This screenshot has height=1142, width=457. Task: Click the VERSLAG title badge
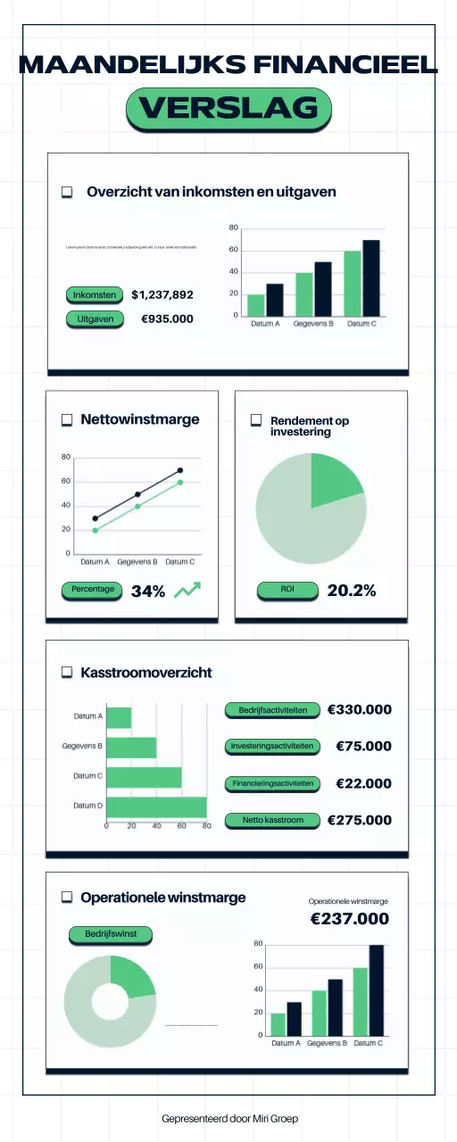click(228, 108)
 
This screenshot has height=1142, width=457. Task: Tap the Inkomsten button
click(94, 294)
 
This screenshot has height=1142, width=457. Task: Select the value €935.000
click(167, 319)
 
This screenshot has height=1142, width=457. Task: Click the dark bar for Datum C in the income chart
click(371, 277)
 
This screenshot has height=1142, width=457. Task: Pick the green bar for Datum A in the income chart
click(256, 304)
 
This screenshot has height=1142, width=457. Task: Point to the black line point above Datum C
click(180, 470)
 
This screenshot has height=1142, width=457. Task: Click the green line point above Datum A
click(96, 530)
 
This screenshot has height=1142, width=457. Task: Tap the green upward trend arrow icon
click(187, 590)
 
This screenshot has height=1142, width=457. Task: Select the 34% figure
click(148, 591)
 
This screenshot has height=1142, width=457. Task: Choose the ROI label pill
click(287, 590)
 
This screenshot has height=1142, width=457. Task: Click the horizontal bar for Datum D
click(156, 807)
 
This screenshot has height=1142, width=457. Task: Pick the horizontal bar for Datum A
click(119, 716)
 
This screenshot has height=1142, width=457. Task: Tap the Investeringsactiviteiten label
click(271, 746)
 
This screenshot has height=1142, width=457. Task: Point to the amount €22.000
click(363, 783)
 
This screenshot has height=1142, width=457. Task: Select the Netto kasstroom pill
click(272, 820)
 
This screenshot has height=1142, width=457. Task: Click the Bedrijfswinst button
click(110, 934)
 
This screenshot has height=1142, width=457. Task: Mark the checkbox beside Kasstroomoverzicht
click(67, 673)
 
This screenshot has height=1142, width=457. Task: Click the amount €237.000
click(349, 919)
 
